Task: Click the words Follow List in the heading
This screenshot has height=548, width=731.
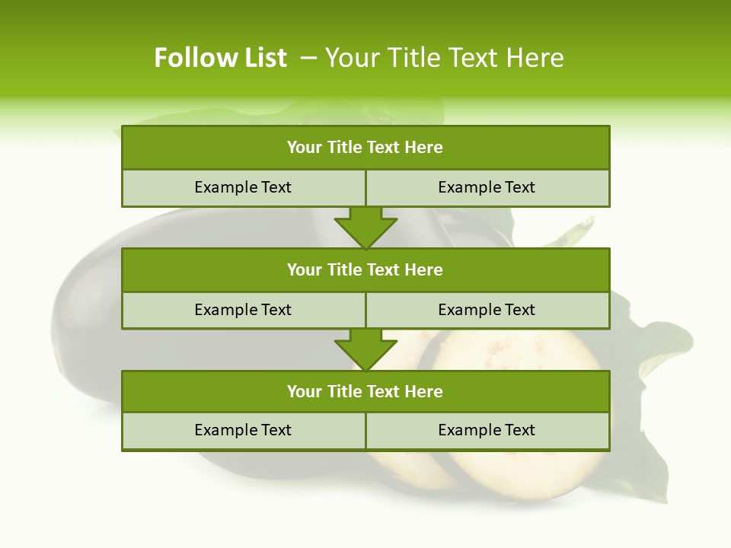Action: coord(220,58)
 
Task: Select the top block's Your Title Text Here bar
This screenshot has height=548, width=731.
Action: coord(365,148)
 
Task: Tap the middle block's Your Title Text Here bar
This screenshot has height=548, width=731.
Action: coord(365,269)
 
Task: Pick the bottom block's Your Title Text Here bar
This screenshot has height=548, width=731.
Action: coord(365,391)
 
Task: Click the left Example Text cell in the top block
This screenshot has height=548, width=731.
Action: coord(244,187)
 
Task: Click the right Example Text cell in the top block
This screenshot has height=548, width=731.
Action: coord(487,187)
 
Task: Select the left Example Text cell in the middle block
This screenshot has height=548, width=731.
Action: coord(244,310)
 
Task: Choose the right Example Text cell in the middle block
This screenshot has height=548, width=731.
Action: coord(487,310)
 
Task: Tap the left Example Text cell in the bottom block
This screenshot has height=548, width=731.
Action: coord(244,430)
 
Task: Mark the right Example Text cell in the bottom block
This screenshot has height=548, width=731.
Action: coord(487,430)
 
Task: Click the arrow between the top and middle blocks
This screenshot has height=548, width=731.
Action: coord(365,227)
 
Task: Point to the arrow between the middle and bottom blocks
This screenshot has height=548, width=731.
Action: coord(365,349)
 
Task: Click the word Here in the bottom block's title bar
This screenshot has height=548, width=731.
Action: coord(424,391)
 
